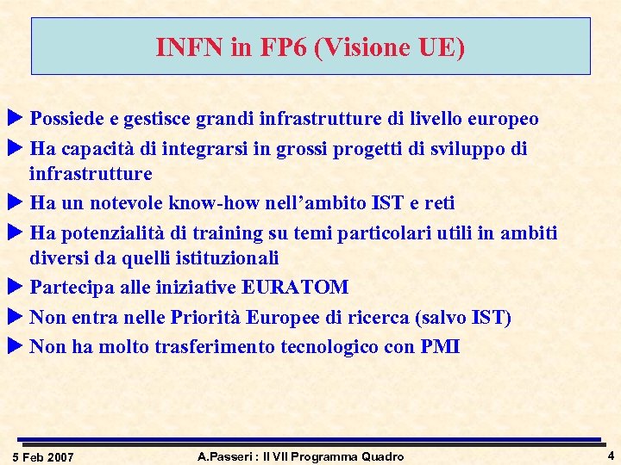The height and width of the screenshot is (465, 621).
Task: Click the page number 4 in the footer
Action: (x=611, y=456)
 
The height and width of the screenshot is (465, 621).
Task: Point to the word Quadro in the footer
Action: (x=383, y=456)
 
